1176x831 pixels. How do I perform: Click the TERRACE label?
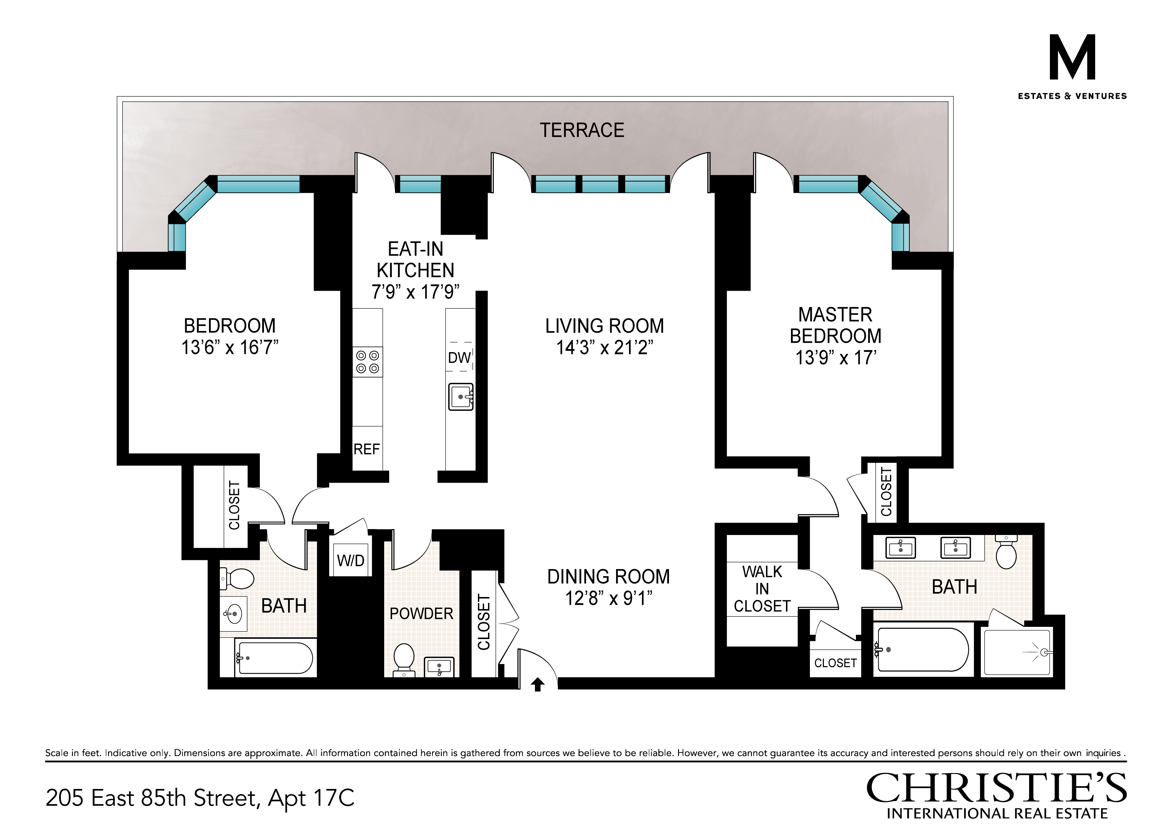pyautogui.click(x=582, y=130)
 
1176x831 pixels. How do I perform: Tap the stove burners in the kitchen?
pyautogui.click(x=367, y=362)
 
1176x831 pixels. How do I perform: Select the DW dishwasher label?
pyautogui.click(x=459, y=358)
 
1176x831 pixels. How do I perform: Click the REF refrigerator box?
pyautogui.click(x=367, y=448)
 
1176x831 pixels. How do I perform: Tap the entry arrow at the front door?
pyautogui.click(x=537, y=685)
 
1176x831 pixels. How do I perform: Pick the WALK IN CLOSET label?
pyautogui.click(x=762, y=589)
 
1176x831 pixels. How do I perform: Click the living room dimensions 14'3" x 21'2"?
pyautogui.click(x=605, y=347)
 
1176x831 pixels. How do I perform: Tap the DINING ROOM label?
pyautogui.click(x=608, y=576)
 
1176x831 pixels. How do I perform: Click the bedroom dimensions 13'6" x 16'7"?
pyautogui.click(x=230, y=347)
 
